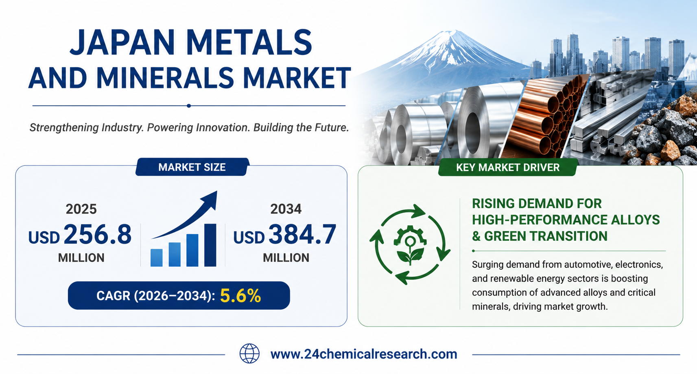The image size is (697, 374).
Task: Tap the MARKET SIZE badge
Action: pyautogui.click(x=192, y=167)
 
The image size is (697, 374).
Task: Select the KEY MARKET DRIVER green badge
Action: pyautogui.click(x=508, y=167)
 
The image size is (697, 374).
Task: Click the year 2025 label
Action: pyautogui.click(x=81, y=209)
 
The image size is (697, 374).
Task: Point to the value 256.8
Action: pyautogui.click(x=98, y=234)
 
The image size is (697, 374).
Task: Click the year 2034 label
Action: pyautogui.click(x=286, y=209)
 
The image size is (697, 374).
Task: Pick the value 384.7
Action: pyautogui.click(x=302, y=234)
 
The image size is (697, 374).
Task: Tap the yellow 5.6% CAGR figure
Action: pyautogui.click(x=240, y=296)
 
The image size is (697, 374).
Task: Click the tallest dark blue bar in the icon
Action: pyautogui.click(x=210, y=245)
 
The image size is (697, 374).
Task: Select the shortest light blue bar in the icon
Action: pyautogui.click(x=157, y=258)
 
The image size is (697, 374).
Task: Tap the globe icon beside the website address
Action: pyautogui.click(x=249, y=354)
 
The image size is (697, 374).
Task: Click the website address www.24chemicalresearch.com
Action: pyautogui.click(x=364, y=354)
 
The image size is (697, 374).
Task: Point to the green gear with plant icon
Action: pyautogui.click(x=410, y=245)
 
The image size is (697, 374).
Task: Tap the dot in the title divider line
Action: pyautogui.click(x=189, y=106)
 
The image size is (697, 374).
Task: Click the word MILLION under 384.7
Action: pyautogui.click(x=286, y=258)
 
